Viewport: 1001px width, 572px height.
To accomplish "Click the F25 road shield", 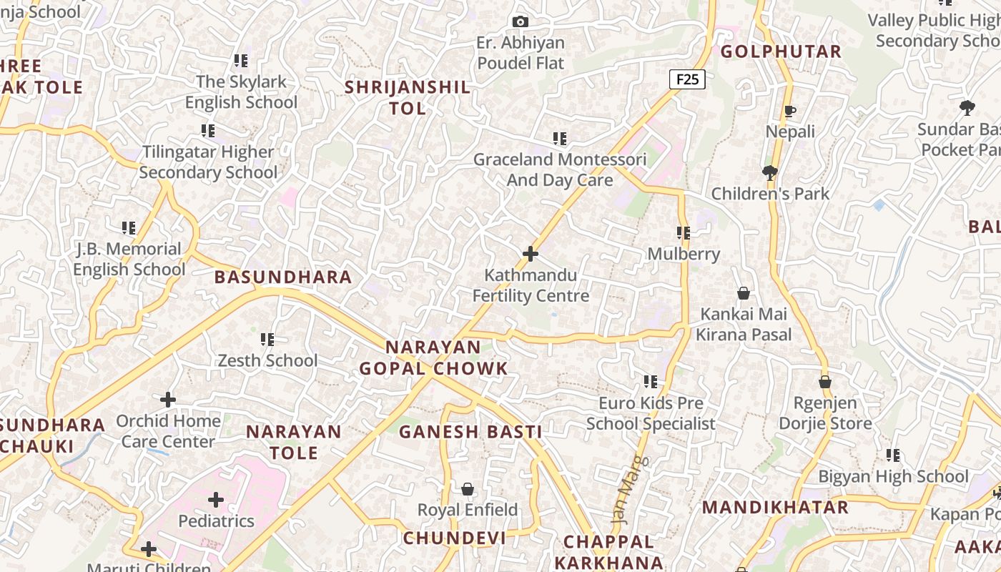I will [687, 79].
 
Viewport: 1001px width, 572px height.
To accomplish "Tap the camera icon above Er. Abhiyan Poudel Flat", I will [521, 22].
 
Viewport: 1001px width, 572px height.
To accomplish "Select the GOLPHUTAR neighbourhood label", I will [781, 51].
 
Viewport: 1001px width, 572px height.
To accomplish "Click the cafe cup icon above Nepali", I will [790, 111].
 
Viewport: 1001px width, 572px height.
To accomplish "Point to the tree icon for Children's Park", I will [770, 172].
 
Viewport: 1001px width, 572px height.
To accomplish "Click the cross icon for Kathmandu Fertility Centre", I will [531, 254].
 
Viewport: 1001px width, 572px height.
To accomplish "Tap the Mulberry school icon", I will [684, 233].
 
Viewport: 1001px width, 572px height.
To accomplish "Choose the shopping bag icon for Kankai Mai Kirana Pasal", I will [744, 293].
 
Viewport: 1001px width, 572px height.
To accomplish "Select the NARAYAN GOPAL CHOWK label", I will [433, 358].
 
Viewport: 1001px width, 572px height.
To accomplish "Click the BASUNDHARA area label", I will [283, 277].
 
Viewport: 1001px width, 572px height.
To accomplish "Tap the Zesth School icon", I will [267, 340].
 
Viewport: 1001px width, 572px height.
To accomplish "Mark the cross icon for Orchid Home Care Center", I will [168, 400].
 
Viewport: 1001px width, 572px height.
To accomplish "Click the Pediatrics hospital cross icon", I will [216, 500].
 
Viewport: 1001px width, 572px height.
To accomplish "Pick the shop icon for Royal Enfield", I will [468, 489].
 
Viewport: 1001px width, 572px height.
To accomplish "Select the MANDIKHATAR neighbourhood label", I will [775, 508].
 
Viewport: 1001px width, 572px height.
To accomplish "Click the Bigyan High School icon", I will [892, 455].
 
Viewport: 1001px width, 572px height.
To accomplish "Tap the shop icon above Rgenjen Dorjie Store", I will [825, 382].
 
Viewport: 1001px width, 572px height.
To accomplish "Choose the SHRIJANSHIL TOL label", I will [408, 98].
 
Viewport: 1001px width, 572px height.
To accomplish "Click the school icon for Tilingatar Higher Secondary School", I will [208, 131].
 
